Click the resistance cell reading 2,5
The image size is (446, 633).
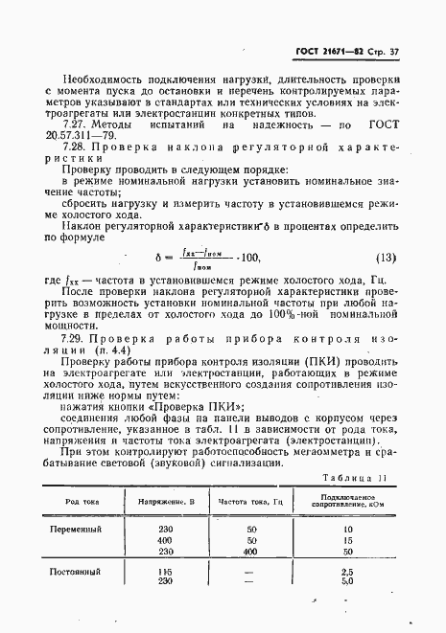point(347,571)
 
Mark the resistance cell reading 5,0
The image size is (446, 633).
point(347,581)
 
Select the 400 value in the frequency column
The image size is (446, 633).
point(251,551)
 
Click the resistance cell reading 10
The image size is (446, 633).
point(347,529)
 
